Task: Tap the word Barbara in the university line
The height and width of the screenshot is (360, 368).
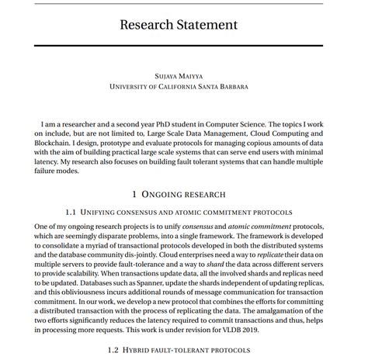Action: [x=228, y=87]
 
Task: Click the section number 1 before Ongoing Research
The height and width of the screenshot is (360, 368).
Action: [x=134, y=194]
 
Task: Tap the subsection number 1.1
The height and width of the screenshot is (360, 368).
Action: [x=70, y=212]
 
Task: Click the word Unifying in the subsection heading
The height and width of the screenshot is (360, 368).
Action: [x=103, y=212]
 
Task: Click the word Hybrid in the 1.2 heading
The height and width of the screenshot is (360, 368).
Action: [x=143, y=351]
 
